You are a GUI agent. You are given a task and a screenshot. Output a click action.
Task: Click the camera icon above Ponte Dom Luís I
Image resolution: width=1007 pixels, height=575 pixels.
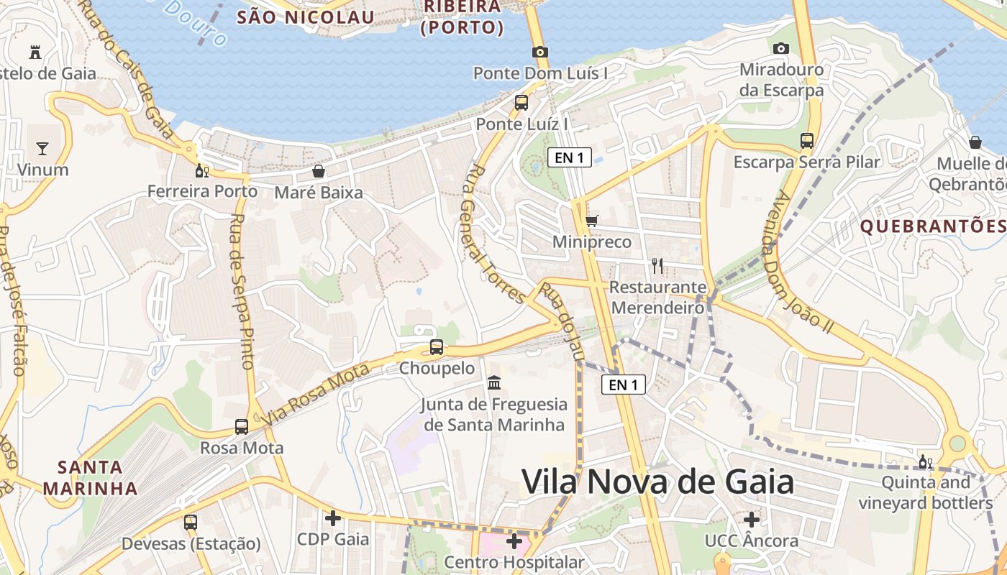(x=540, y=52)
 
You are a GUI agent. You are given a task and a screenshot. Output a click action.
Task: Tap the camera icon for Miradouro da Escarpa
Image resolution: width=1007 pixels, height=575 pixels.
(x=781, y=48)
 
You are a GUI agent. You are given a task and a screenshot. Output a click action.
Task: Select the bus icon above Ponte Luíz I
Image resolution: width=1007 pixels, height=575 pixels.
(x=521, y=103)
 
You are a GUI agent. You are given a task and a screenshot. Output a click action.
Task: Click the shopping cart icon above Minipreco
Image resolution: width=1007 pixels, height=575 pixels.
(x=591, y=221)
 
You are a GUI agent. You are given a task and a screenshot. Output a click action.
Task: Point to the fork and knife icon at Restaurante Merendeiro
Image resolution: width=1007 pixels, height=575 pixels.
(x=657, y=266)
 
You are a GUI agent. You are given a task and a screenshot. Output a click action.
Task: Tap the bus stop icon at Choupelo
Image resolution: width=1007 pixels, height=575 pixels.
(x=437, y=347)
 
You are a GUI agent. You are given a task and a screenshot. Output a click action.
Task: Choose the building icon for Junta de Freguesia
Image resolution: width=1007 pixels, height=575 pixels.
(x=494, y=382)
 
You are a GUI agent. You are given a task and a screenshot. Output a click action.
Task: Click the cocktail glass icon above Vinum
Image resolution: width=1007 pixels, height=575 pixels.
(x=42, y=149)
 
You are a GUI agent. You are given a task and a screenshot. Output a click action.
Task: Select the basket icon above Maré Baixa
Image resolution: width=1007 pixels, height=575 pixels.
(x=319, y=171)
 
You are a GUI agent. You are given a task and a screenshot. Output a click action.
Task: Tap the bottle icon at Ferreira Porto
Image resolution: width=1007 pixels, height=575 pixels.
(x=202, y=170)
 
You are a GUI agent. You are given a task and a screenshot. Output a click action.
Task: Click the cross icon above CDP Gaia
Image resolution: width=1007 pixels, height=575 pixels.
(x=333, y=517)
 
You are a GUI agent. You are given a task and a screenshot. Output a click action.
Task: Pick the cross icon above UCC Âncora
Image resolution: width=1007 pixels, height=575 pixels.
(x=752, y=519)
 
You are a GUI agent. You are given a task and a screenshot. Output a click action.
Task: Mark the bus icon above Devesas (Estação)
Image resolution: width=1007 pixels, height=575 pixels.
(x=191, y=523)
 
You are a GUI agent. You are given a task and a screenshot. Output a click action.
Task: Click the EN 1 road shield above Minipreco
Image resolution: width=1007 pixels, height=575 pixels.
(x=570, y=158)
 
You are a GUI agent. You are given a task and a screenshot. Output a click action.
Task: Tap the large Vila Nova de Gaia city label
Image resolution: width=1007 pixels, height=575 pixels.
(x=657, y=482)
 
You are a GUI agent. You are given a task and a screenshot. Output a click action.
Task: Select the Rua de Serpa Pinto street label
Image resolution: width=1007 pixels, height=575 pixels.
(x=242, y=291)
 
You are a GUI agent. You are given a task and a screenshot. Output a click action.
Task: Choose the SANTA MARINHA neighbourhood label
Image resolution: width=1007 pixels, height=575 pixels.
(x=90, y=478)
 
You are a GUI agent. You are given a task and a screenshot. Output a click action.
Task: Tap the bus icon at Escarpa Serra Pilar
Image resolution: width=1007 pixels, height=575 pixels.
(x=807, y=141)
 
